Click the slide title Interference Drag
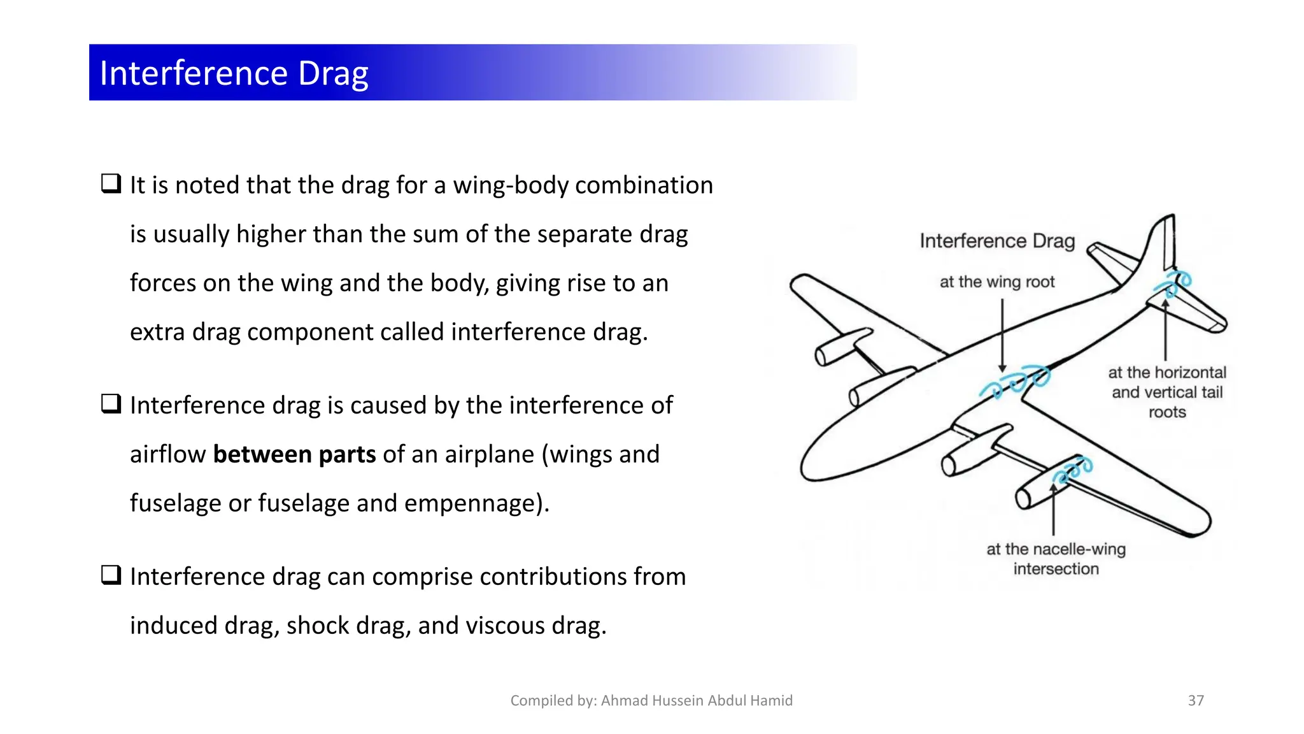tap(234, 73)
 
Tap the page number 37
tap(1195, 700)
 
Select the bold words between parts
tap(294, 454)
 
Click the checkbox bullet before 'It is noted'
tap(111, 183)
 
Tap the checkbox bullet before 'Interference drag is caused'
tap(111, 403)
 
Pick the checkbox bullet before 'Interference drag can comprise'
tap(111, 575)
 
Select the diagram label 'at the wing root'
tap(996, 282)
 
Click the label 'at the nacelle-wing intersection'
tap(1056, 559)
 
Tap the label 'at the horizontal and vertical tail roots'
tap(1166, 392)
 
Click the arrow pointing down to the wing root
tap(1002, 335)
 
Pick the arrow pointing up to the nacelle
tap(1054, 510)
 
